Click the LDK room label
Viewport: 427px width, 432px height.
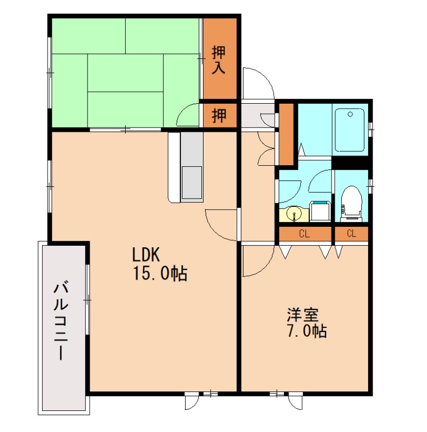click(146, 254)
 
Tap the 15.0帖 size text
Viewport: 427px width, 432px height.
click(160, 273)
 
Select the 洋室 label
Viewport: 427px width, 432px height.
click(303, 315)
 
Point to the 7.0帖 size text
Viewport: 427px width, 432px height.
click(307, 331)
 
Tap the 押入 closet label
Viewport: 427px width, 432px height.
click(219, 60)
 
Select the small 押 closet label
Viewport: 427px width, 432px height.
click(219, 116)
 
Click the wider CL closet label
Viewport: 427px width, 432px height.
click(304, 234)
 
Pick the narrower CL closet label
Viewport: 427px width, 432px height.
click(351, 234)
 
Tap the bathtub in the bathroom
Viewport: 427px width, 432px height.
click(350, 130)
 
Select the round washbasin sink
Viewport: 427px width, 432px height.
click(294, 213)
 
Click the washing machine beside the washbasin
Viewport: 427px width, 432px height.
click(320, 211)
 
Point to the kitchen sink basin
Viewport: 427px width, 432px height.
click(192, 183)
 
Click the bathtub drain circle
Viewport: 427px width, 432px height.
click(350, 114)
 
